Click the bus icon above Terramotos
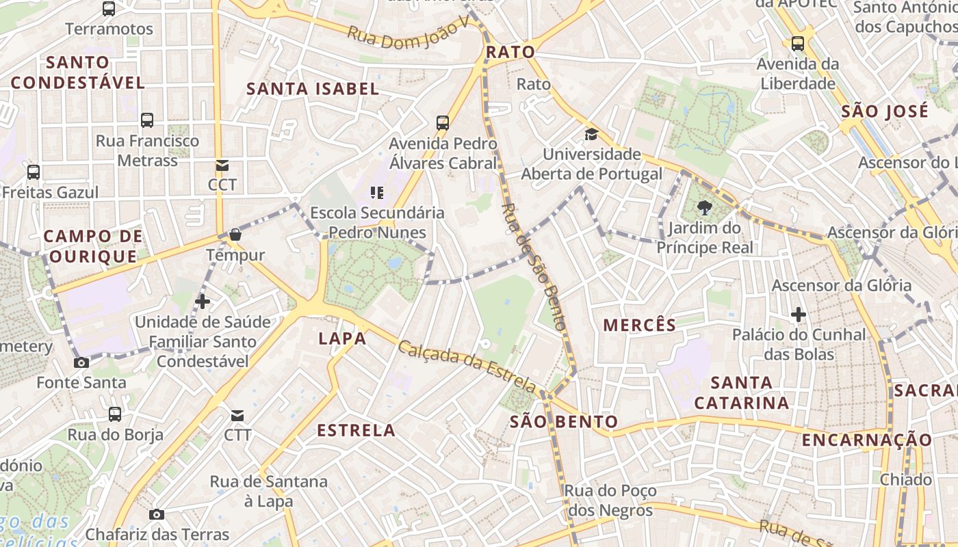(x=109, y=9)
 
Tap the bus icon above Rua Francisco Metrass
(x=147, y=120)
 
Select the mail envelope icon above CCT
(x=222, y=165)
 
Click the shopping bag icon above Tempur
(x=235, y=235)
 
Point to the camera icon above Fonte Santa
(x=81, y=362)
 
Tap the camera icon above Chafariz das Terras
(x=157, y=514)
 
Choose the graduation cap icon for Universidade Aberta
(x=591, y=134)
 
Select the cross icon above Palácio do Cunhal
(x=798, y=315)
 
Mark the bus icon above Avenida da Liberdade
(x=798, y=44)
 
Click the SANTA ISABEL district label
(x=313, y=89)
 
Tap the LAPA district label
(x=342, y=338)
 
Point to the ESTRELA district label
(x=357, y=430)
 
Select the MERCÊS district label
(x=639, y=325)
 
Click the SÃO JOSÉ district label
(x=885, y=111)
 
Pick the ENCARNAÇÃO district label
(x=867, y=440)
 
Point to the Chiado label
(x=906, y=479)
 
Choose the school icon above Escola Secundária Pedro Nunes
(x=376, y=192)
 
